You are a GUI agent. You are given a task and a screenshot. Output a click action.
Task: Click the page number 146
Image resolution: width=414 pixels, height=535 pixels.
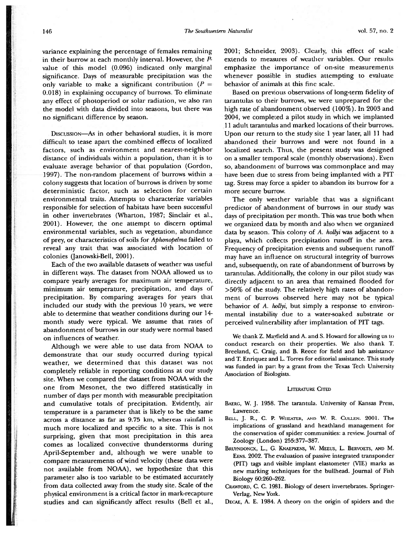(x=44, y=32)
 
